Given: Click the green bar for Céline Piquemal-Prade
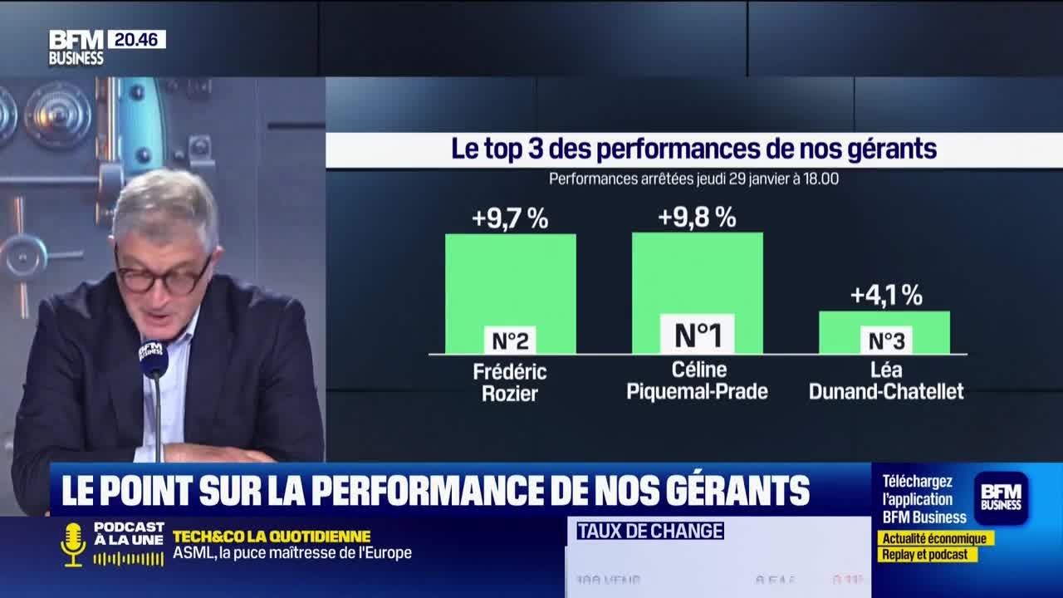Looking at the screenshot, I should coord(697,274).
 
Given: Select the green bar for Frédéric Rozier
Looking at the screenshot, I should coord(510,278).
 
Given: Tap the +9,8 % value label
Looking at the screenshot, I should coord(697,218).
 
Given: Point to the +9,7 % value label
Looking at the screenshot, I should coord(510,219).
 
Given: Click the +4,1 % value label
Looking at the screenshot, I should coord(885,296).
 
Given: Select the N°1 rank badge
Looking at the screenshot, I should coord(697,335).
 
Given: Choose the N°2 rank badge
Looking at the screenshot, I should coord(510,340).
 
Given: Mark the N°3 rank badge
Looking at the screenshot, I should coord(885,340).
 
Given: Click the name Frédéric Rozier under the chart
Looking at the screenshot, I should coord(510,381).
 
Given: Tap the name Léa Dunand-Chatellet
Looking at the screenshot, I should coord(885,381).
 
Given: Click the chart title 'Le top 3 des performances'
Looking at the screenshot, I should coord(693,149).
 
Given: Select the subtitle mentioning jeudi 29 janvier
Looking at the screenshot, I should coord(693,179).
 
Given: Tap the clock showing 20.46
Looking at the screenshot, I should coord(136,39).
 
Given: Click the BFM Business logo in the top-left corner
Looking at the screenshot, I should coord(76,47).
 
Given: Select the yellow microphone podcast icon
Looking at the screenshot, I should coord(73,543).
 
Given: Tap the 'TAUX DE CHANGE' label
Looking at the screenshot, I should coord(650,531).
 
